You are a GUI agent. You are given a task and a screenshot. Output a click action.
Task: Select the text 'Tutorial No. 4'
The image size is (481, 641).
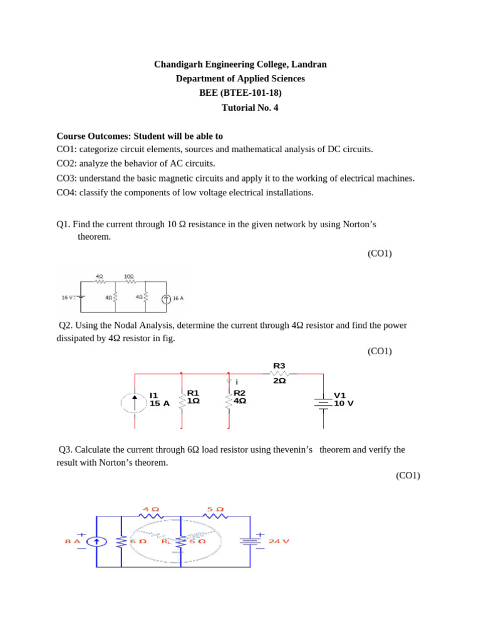(x=250, y=108)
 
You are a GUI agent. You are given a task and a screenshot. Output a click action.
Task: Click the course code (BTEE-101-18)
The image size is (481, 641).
(x=253, y=93)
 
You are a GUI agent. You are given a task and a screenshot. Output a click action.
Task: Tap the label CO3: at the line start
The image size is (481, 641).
(x=66, y=178)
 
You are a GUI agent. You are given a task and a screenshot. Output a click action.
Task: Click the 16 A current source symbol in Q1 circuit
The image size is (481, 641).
(x=166, y=299)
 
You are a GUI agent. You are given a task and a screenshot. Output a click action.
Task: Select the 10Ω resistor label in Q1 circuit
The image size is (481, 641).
(x=128, y=276)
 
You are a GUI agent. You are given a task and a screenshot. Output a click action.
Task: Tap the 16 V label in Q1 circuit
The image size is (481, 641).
(x=68, y=298)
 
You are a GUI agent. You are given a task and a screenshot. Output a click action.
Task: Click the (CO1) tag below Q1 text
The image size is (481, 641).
(x=380, y=254)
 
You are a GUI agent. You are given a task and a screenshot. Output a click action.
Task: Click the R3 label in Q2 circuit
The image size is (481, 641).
(x=279, y=366)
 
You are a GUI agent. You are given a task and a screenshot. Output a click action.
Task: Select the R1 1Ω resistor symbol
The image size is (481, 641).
(x=182, y=401)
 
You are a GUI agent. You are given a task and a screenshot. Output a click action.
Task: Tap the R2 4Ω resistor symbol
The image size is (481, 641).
(x=229, y=401)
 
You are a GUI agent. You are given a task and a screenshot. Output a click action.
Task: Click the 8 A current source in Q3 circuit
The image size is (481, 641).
(x=96, y=541)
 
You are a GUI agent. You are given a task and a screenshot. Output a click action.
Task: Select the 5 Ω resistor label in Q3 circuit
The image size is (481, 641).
(x=215, y=510)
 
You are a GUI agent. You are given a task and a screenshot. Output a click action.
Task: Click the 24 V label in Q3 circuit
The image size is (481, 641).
(x=279, y=541)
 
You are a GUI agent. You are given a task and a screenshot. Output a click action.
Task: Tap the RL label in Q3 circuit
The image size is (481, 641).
(x=166, y=541)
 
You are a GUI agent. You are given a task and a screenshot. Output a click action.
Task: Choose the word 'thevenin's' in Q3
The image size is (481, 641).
(x=291, y=449)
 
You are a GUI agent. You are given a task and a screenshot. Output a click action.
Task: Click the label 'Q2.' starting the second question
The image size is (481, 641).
(x=66, y=326)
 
